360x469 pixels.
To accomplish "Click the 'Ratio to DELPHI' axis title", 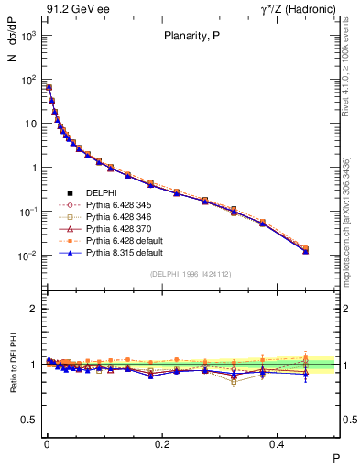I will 13,365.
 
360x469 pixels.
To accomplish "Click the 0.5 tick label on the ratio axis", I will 28,419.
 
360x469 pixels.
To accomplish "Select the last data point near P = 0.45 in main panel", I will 306,249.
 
